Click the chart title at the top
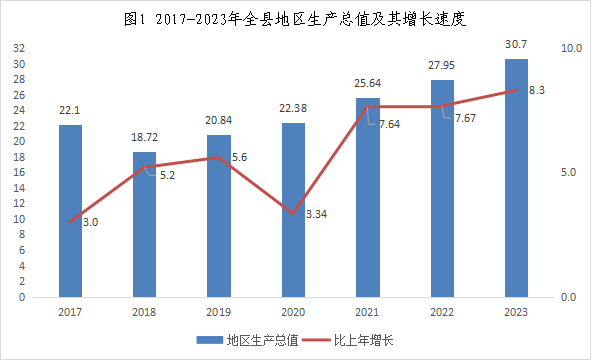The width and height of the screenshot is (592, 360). click(295, 19)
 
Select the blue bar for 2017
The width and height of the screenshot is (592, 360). click(70, 211)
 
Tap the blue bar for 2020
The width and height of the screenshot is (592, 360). click(293, 210)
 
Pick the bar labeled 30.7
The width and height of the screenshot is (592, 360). click(516, 178)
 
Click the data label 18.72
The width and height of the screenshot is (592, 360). click(144, 137)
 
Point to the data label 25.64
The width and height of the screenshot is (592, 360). click(367, 83)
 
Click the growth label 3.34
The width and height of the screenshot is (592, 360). click(316, 214)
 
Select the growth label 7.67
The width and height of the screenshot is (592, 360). click(465, 118)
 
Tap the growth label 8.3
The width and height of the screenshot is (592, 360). click(536, 90)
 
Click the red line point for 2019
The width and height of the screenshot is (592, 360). click(219, 157)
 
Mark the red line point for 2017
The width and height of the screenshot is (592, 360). click(70, 222)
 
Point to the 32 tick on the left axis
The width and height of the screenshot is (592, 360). click(19, 48)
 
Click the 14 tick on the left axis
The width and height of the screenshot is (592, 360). click(19, 188)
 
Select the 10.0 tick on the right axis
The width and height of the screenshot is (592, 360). click(572, 48)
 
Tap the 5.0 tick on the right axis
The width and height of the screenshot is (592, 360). click(569, 172)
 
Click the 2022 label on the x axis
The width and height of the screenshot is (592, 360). click(442, 312)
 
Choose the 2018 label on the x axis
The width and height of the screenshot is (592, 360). click(144, 312)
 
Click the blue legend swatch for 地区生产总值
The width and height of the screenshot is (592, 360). click(210, 340)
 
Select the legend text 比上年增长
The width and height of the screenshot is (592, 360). click(364, 340)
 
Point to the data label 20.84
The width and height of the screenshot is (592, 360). click(219, 120)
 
